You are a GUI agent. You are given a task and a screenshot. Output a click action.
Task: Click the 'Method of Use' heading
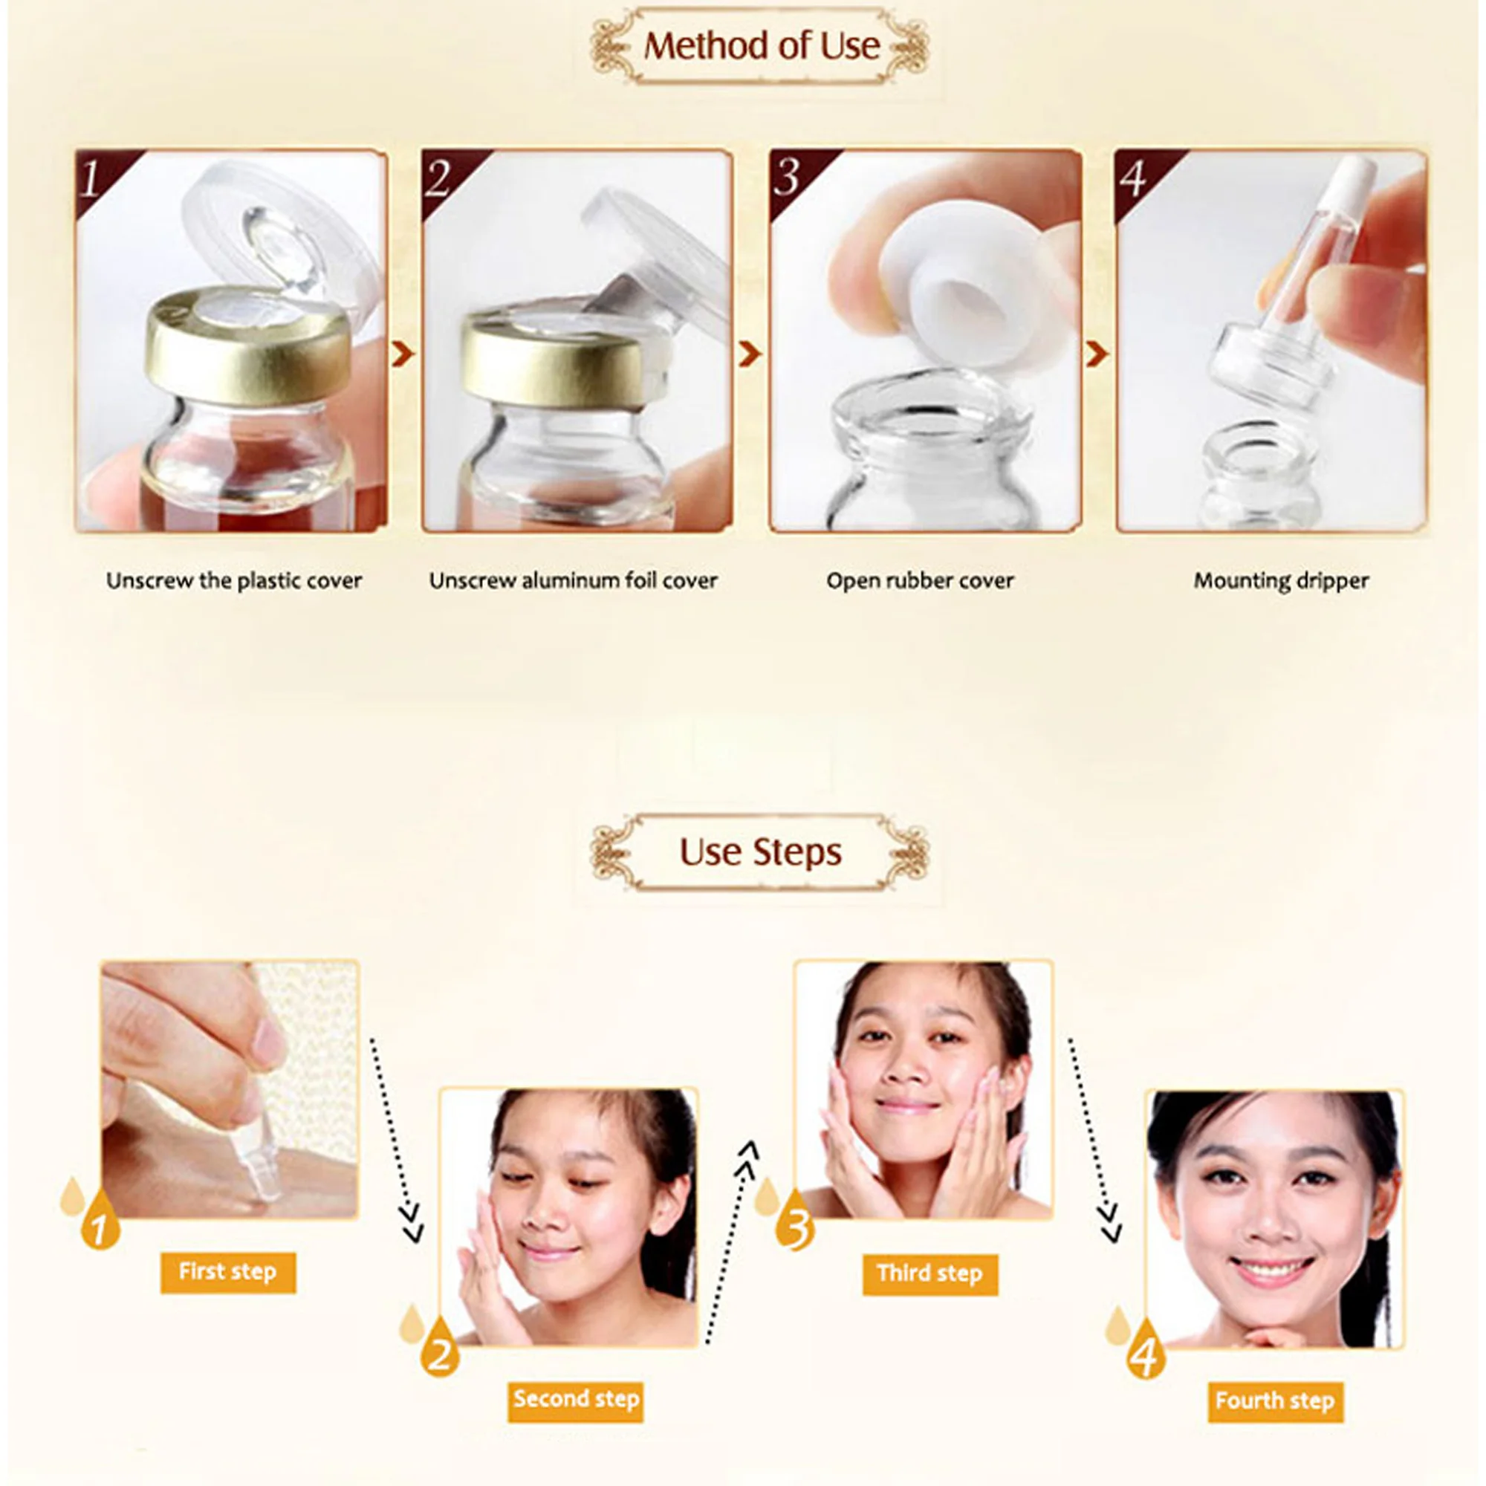762,46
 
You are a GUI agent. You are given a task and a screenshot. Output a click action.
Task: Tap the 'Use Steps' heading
760,852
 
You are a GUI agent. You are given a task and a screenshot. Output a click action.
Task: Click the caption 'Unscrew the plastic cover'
234,581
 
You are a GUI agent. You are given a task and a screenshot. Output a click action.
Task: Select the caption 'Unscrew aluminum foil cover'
573,581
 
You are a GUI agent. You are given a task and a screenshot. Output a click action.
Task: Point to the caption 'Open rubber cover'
920,581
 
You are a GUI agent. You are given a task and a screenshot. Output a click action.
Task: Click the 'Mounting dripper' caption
1282,581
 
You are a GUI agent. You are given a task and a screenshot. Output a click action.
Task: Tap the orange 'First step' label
227,1271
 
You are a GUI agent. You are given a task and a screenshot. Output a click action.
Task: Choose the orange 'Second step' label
576,1399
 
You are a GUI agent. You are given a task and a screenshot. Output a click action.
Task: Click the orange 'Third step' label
930,1274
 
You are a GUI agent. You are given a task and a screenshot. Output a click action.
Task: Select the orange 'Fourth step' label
1275,1401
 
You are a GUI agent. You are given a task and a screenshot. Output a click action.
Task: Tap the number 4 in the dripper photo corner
1133,178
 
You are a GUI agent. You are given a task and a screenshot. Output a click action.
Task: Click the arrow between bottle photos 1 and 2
403,354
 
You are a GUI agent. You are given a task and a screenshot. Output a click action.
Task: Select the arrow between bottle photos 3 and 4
1097,354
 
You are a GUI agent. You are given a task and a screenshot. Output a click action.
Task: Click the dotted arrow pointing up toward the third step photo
728,1242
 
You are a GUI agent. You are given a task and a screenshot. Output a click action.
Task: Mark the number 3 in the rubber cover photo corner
787,178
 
